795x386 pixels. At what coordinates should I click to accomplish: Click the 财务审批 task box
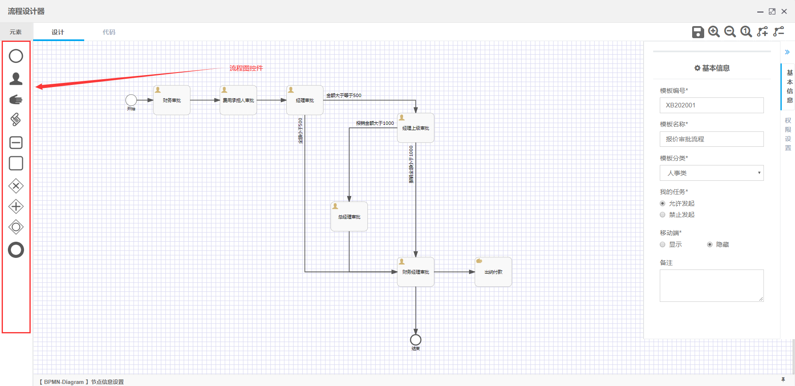click(172, 100)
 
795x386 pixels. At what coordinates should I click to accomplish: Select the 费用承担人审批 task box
click(238, 100)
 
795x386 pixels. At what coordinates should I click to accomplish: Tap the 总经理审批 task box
click(349, 217)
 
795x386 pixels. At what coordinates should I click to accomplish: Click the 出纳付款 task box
click(493, 272)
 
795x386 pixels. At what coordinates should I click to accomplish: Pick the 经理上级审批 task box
click(416, 128)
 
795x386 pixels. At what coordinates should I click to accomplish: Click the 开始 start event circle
click(131, 100)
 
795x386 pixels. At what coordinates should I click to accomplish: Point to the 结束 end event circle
click(416, 340)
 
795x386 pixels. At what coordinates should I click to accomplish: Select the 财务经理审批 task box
click(416, 272)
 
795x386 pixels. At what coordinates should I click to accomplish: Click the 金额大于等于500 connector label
click(343, 95)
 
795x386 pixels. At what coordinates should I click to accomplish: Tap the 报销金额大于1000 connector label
click(375, 123)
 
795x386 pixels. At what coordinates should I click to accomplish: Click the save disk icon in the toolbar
click(698, 32)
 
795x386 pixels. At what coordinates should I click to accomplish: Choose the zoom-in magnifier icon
click(714, 32)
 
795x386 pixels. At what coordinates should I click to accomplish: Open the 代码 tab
click(109, 32)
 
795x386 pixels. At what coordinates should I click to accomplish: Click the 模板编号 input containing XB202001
click(711, 105)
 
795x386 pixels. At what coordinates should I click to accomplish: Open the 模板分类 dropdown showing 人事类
click(711, 173)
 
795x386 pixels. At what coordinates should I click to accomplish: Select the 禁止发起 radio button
click(663, 215)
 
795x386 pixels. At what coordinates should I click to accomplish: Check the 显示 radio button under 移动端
click(663, 245)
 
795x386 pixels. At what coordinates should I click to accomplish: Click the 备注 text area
click(711, 286)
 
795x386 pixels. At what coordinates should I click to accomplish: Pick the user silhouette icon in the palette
click(16, 79)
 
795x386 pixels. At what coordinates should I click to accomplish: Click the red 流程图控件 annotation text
click(246, 68)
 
